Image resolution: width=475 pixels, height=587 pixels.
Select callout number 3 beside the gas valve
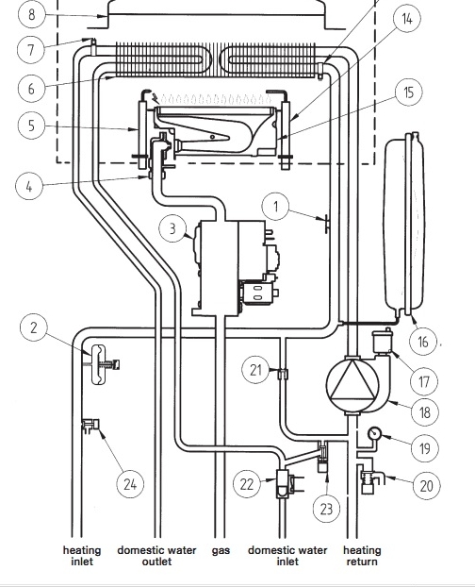click(172, 228)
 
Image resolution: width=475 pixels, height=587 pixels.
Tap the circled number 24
click(130, 484)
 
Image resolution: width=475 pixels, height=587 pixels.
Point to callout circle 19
click(424, 447)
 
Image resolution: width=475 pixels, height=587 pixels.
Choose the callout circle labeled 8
click(31, 14)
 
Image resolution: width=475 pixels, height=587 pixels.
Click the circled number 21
click(255, 370)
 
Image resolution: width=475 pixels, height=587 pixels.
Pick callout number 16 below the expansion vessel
click(423, 341)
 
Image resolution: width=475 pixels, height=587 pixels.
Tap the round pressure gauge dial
click(374, 433)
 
